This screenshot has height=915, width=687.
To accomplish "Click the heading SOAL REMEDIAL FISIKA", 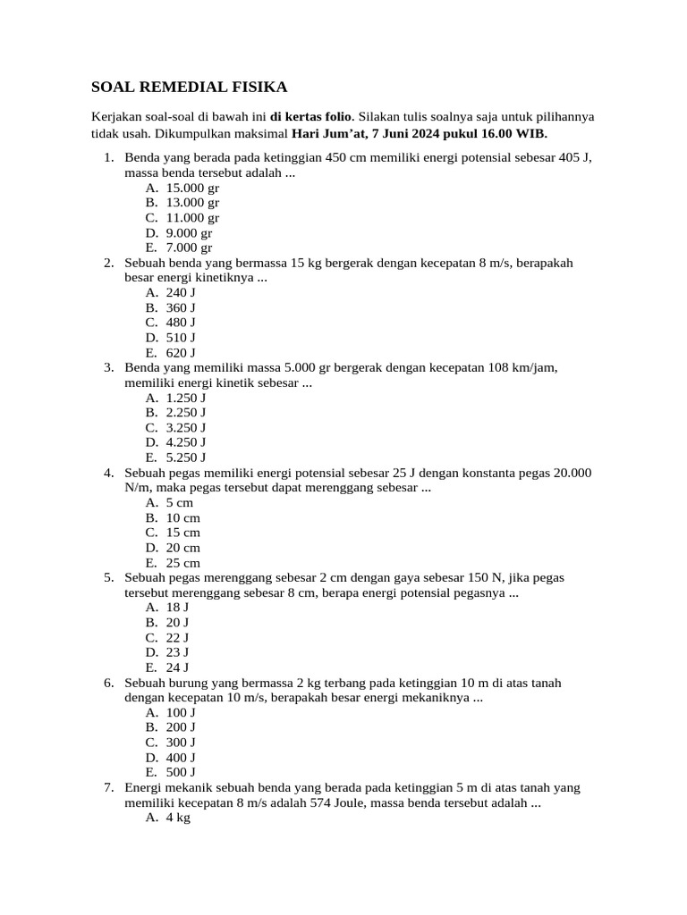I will point(190,87).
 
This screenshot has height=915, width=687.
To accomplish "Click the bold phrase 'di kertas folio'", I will point(312,117).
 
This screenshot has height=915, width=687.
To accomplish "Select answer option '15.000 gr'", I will point(192,188).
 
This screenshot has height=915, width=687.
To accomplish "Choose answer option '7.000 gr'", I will point(189,248).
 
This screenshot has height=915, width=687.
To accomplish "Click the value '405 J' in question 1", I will point(574,157).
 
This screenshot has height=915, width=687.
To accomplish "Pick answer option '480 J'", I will point(181,322).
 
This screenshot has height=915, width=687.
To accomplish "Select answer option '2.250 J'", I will point(186,412).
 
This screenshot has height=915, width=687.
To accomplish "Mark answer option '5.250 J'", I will point(186,457).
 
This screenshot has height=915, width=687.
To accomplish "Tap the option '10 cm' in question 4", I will point(183,517).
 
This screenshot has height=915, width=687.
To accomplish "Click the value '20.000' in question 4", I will point(572,472).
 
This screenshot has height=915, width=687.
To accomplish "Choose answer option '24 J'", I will point(177,667).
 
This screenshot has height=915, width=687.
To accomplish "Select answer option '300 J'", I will point(181,742).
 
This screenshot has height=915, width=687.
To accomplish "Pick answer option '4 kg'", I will point(178,818).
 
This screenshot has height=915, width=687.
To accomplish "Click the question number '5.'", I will point(108,577).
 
